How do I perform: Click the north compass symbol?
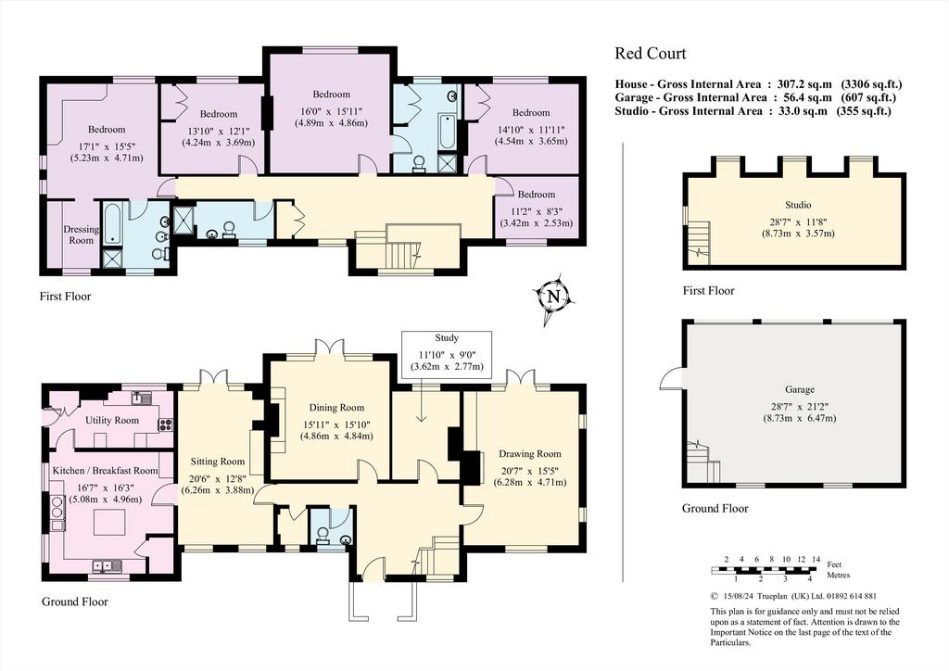pos(553,298)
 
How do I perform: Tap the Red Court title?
pos(651,53)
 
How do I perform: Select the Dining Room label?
pos(336,407)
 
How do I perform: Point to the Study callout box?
pos(447,352)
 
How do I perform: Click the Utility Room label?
pos(112,420)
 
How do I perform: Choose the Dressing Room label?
pos(82,234)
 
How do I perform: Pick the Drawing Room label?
pos(529,454)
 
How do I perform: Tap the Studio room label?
pos(799,205)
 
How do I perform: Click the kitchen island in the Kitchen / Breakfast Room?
pos(109,521)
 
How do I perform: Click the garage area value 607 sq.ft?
pos(868,97)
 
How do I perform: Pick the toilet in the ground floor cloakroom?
pos(323,537)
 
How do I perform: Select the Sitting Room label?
pos(217,461)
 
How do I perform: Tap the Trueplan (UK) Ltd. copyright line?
pos(793,596)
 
